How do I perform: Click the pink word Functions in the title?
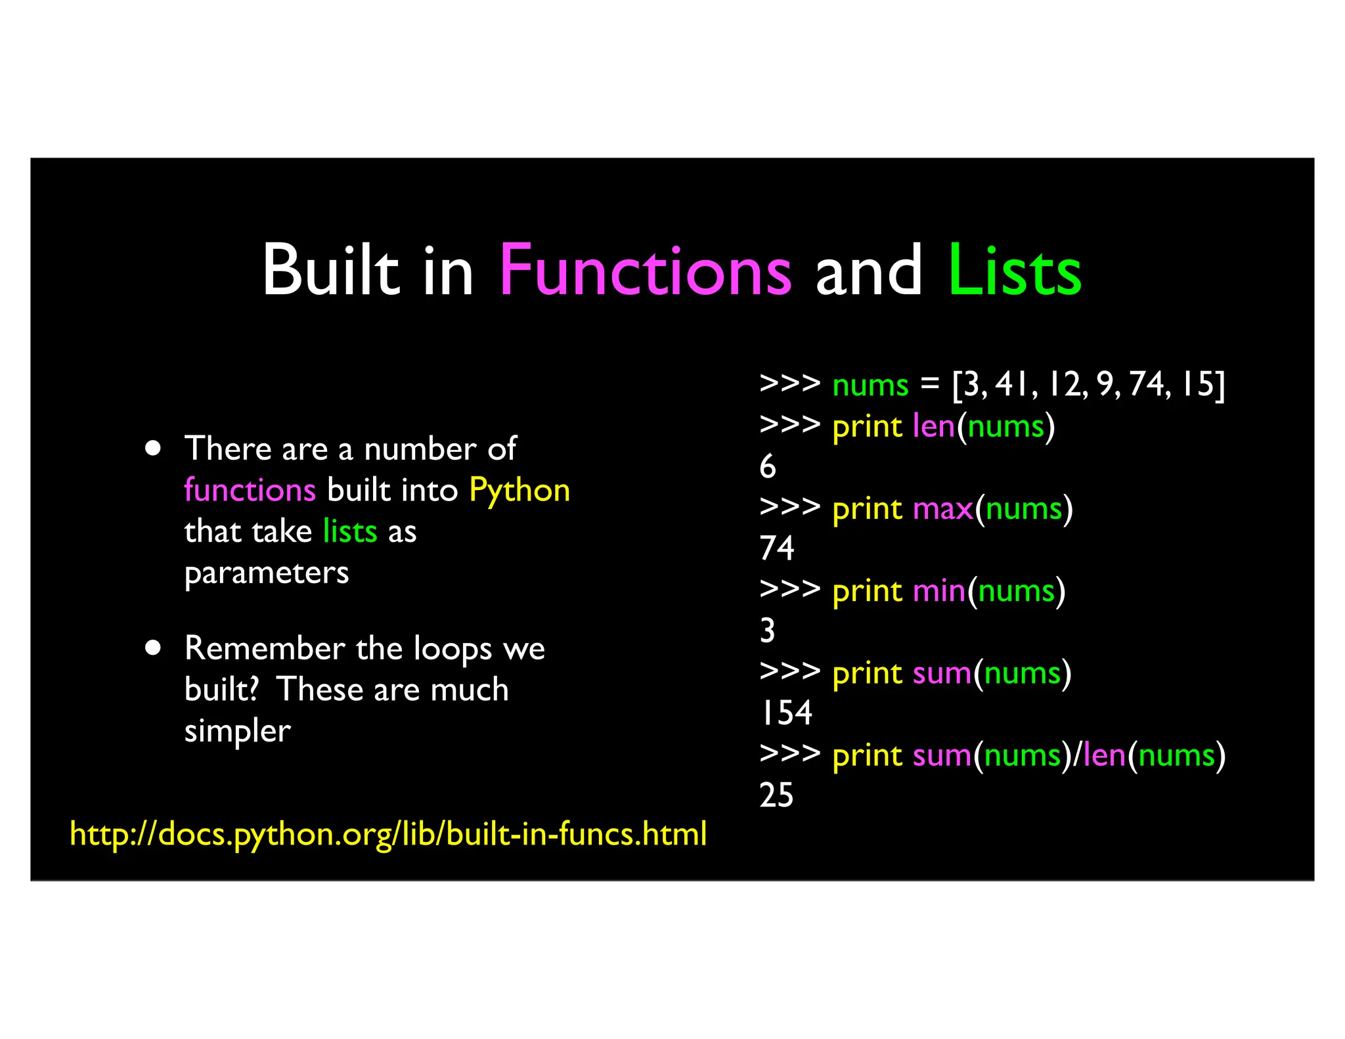tap(645, 271)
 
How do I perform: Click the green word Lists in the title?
tap(1015, 271)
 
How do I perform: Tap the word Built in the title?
tap(330, 271)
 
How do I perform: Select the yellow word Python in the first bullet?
tap(519, 491)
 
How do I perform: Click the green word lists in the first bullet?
tap(350, 531)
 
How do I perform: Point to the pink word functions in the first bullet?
tap(250, 491)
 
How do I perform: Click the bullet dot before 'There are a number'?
tap(153, 449)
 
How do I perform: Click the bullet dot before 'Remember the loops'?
tap(153, 648)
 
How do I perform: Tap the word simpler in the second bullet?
tap(237, 731)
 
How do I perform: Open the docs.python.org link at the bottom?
tap(388, 834)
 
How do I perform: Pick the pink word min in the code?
tap(939, 591)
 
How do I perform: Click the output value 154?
tap(786, 713)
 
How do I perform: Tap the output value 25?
tap(776, 795)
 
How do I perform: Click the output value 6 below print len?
tap(768, 467)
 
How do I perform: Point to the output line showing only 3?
tap(768, 631)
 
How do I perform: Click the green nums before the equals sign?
tap(870, 385)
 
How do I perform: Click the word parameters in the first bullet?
tap(267, 573)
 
